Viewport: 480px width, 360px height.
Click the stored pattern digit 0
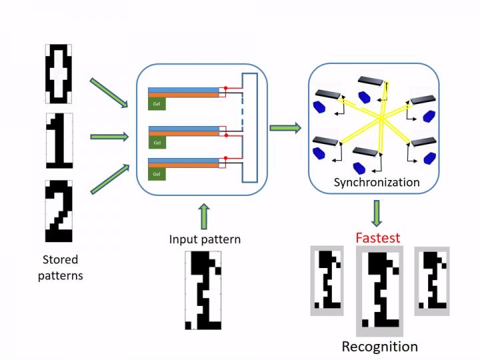coord(57,73)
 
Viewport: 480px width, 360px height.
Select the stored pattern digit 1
coord(57,140)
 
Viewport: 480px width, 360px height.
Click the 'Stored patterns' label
coord(60,267)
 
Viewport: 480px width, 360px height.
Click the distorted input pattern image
coord(203,291)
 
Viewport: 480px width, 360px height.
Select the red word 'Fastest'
coord(377,237)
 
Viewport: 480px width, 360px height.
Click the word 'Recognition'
coord(379,347)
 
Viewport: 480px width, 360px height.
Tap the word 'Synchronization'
coord(377,182)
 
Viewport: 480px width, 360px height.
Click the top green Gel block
coord(157,105)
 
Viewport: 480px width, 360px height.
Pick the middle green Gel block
coord(157,142)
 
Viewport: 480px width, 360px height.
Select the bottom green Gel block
coord(157,173)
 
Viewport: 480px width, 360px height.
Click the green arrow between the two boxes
coord(285,127)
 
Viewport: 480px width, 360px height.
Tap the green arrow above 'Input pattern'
coord(203,217)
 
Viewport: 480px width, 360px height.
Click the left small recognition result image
coord(327,281)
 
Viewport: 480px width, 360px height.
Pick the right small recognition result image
coord(431,280)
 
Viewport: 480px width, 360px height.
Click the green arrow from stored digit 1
coord(108,137)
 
